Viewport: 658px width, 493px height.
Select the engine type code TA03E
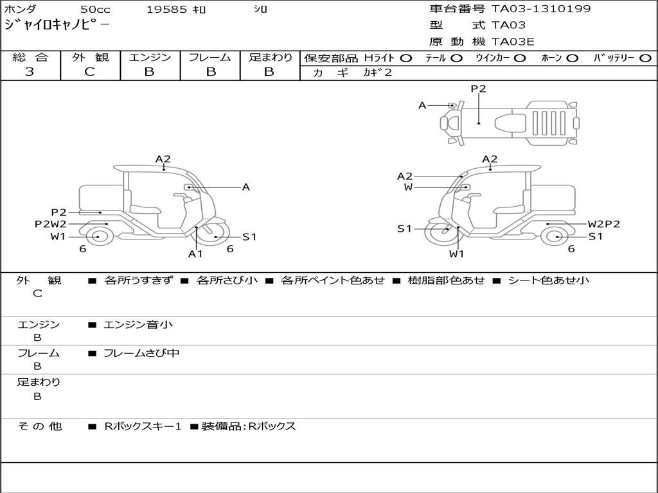(513, 42)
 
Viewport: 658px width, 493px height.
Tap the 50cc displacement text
(95, 10)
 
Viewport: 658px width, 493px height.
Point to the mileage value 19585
(166, 10)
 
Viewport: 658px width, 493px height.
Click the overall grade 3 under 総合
(30, 72)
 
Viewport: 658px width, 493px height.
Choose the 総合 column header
(30, 57)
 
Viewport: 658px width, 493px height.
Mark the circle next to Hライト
(405, 58)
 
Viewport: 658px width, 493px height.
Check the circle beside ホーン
(572, 58)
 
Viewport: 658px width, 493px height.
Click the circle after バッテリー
(645, 58)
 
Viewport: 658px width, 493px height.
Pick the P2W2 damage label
(50, 224)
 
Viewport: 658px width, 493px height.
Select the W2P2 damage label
(603, 224)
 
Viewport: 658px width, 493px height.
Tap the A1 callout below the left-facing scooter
(195, 254)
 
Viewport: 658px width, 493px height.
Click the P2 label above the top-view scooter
(478, 89)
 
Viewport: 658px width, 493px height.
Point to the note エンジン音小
(138, 325)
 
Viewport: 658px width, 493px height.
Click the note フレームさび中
(141, 353)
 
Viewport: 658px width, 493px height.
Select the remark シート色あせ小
(548, 280)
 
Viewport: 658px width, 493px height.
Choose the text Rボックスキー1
(143, 426)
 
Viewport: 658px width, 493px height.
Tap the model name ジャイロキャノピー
(57, 26)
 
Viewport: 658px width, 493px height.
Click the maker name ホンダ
(21, 10)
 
